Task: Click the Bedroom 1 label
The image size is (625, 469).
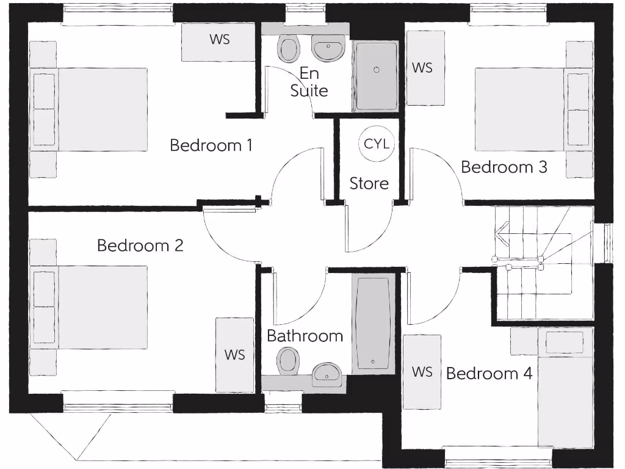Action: (211, 145)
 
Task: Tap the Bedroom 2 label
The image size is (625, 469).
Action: (140, 245)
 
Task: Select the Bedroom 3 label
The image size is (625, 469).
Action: (504, 167)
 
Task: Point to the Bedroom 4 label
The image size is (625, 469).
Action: (490, 373)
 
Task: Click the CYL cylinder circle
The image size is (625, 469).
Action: (376, 144)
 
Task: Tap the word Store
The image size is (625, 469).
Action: (369, 183)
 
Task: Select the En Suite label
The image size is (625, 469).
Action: (309, 82)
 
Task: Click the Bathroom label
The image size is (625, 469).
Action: (305, 336)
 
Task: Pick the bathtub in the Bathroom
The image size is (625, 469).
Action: (374, 324)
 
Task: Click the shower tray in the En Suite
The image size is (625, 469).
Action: (377, 76)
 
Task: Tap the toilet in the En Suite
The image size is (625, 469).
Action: (287, 48)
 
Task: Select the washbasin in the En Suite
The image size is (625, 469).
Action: (329, 48)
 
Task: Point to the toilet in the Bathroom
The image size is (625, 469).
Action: (287, 362)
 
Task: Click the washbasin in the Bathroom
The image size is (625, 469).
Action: (327, 373)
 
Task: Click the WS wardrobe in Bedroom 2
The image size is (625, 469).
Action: (234, 355)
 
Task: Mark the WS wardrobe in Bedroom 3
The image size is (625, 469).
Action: (422, 67)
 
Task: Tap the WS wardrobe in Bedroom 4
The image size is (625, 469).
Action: (421, 372)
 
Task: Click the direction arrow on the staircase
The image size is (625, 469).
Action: (502, 234)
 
